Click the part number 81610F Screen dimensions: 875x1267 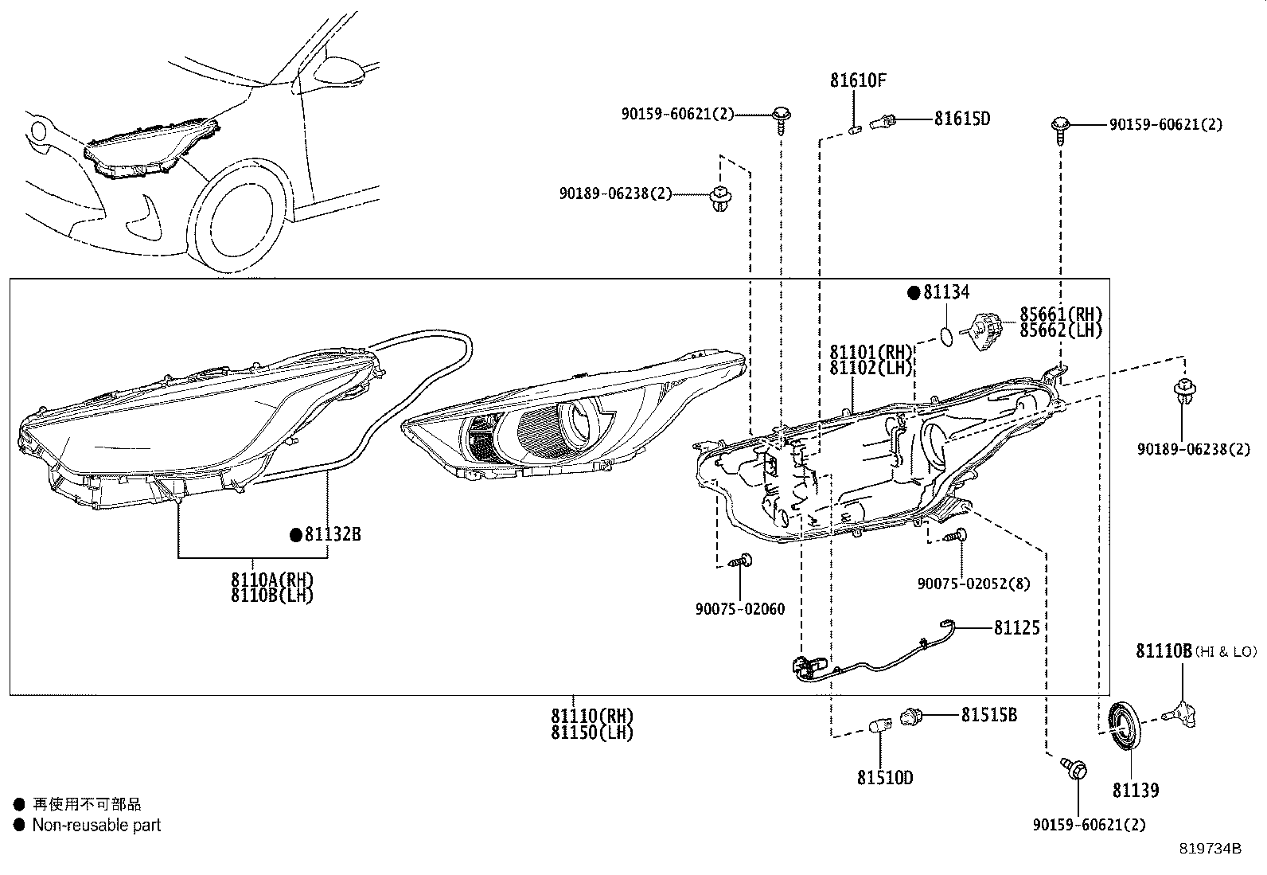click(858, 80)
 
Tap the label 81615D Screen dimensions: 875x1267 click(962, 119)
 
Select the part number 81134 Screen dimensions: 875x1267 click(946, 292)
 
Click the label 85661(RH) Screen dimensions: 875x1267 click(1061, 314)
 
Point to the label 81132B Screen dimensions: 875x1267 click(333, 535)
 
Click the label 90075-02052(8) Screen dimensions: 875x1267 click(973, 584)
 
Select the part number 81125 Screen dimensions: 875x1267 click(1016, 628)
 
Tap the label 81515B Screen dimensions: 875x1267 click(988, 715)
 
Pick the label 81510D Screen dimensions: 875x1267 click(885, 777)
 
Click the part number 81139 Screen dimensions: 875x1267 click(1136, 790)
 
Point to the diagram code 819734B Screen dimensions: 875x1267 click(1210, 849)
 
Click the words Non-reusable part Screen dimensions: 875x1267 click(96, 826)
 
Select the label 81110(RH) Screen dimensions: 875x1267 click(592, 716)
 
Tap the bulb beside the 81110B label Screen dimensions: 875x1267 click(1181, 712)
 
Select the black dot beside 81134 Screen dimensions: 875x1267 click(914, 292)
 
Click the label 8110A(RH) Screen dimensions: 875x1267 click(272, 579)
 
